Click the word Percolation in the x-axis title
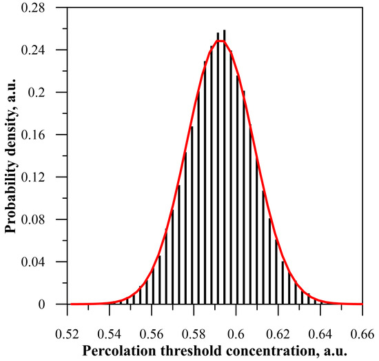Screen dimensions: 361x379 pos(117,350)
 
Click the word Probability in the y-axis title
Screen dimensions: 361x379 pos(12,199)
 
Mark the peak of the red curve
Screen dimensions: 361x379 pos(221,40)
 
